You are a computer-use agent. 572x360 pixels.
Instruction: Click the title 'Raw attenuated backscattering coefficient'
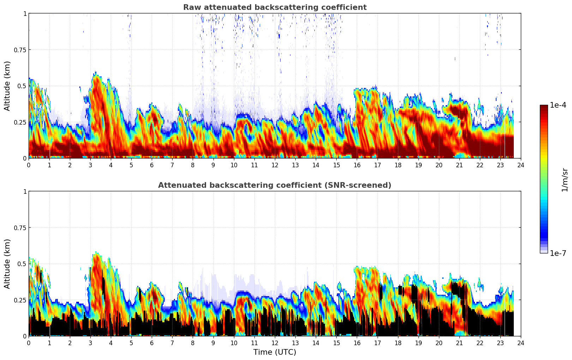[275, 7]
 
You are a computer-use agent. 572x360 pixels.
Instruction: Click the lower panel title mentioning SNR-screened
[275, 185]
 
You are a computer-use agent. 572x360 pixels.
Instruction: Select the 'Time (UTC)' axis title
[275, 352]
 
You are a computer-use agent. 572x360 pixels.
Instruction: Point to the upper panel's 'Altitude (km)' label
[7, 86]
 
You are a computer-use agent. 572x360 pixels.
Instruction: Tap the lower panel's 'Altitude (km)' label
[7, 264]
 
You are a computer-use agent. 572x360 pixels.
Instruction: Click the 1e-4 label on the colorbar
[558, 105]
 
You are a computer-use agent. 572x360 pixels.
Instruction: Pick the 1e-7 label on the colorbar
[558, 253]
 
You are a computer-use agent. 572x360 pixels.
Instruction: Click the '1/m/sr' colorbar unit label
[565, 180]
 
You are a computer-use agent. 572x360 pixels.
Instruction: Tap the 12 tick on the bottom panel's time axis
[275, 343]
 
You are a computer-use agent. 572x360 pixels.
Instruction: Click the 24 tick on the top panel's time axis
[520, 165]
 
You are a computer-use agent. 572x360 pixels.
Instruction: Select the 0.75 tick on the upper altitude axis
[20, 50]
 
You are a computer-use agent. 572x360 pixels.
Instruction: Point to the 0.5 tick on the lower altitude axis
[22, 264]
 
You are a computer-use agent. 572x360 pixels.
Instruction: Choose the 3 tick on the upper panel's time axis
[90, 165]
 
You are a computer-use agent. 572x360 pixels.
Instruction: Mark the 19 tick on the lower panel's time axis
[418, 343]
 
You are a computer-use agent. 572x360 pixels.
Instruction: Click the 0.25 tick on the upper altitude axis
[20, 122]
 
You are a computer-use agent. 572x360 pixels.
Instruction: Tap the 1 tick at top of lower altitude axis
[25, 192]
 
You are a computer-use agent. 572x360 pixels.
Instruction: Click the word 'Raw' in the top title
[191, 7]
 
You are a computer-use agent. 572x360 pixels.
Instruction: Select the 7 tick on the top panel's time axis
[172, 165]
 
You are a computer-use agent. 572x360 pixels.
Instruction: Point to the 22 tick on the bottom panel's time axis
[480, 343]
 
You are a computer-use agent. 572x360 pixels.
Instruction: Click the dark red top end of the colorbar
[543, 107]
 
